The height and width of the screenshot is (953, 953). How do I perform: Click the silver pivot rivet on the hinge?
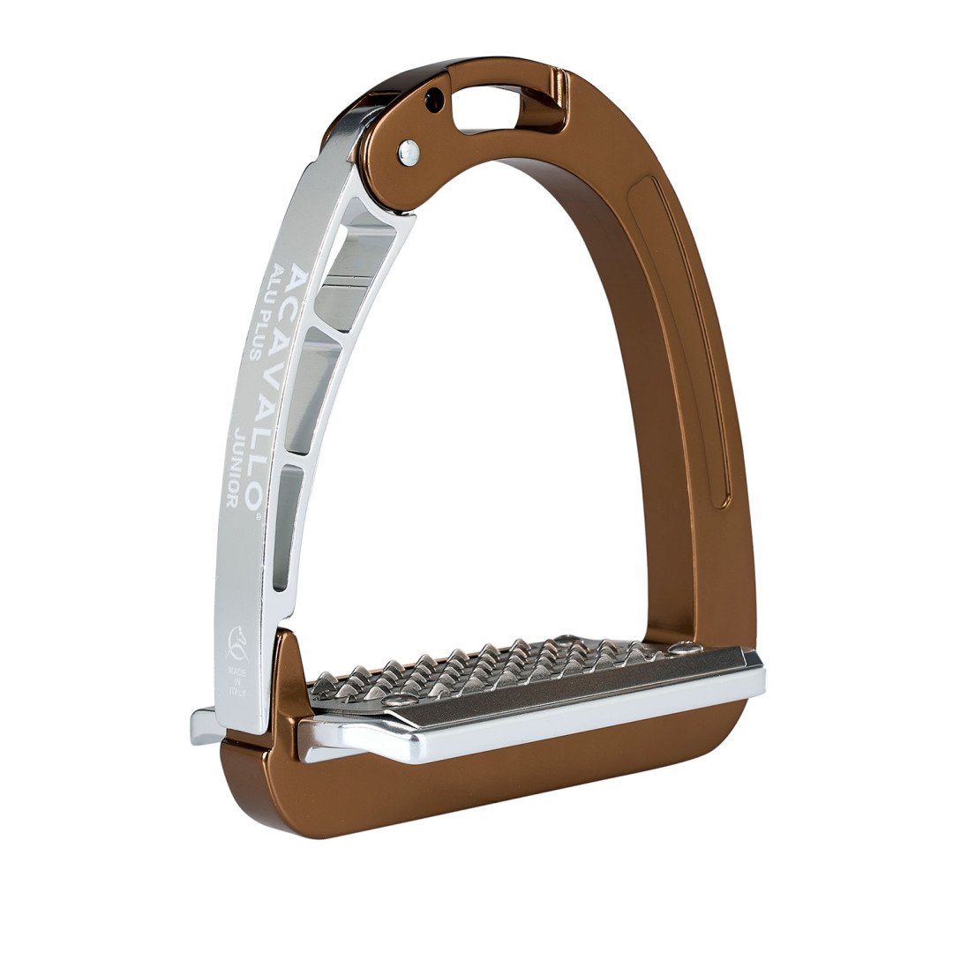[409, 153]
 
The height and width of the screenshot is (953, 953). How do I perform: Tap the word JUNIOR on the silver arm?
[236, 468]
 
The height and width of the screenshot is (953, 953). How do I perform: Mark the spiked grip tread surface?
[494, 671]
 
